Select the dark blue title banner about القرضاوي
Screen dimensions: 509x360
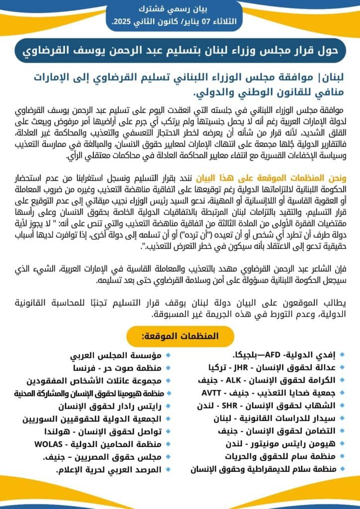(180, 50)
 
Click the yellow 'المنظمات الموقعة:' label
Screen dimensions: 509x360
(180, 337)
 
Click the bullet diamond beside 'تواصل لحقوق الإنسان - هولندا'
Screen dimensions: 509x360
(168, 431)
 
